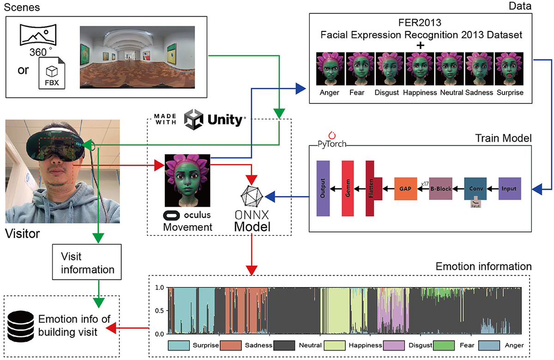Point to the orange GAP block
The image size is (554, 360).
click(405, 189)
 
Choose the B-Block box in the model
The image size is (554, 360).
click(441, 189)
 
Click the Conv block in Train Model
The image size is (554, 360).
click(476, 189)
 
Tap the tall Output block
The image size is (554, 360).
click(322, 189)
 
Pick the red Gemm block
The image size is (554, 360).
click(348, 189)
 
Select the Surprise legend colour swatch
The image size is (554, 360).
click(178, 345)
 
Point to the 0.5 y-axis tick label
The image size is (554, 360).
click(159, 310)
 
